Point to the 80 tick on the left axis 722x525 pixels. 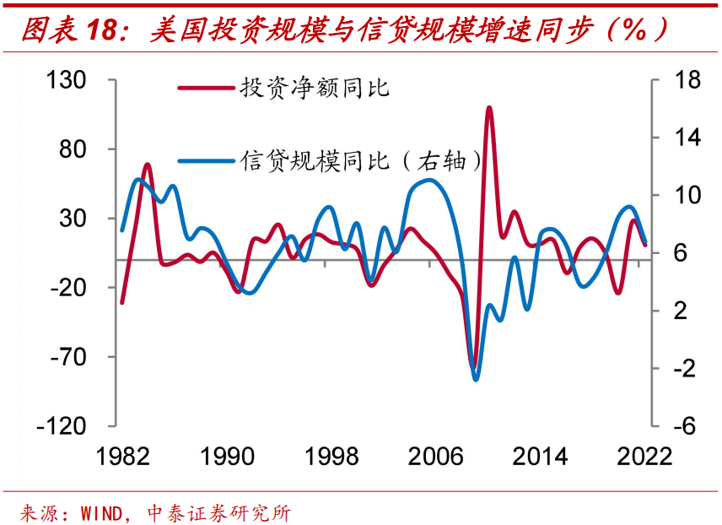click(x=75, y=149)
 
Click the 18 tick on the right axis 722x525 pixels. click(x=665, y=81)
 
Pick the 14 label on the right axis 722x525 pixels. click(x=665, y=138)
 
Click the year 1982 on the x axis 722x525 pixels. click(x=123, y=457)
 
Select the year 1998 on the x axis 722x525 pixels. click(x=330, y=457)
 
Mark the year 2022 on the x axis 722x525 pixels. click(x=643, y=457)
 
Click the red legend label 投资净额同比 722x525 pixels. click(x=314, y=87)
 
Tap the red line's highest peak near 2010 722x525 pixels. click(x=489, y=108)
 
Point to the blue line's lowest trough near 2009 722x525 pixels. click(x=476, y=379)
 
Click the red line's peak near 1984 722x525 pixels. click(x=147, y=165)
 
